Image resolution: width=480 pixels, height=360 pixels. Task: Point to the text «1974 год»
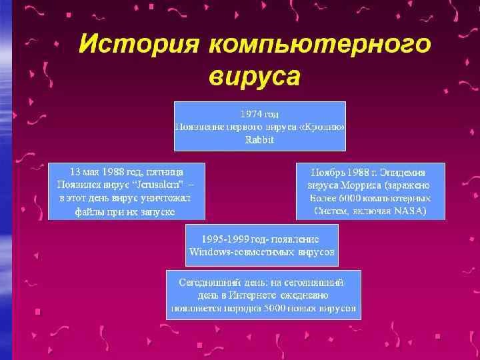pyautogui.click(x=260, y=114)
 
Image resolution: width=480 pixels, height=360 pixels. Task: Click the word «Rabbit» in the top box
pyautogui.click(x=260, y=139)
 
